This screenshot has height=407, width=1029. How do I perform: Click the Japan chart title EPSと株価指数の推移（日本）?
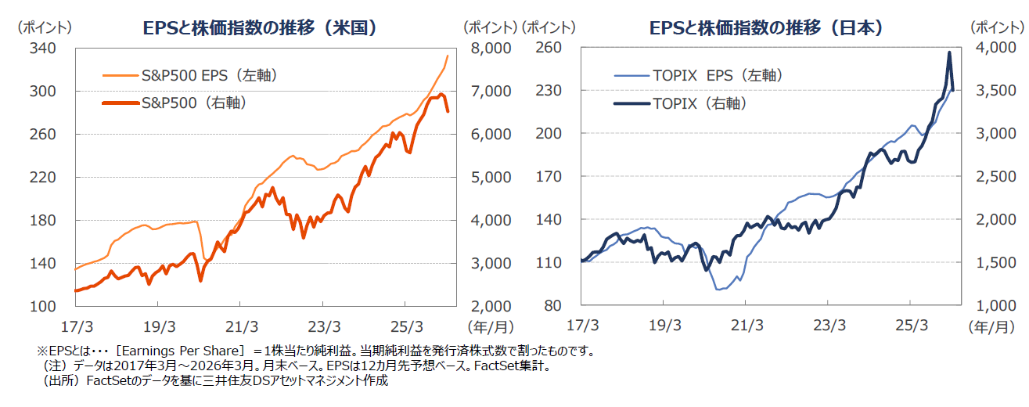point(767,28)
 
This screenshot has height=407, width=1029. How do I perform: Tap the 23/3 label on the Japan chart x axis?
point(829,325)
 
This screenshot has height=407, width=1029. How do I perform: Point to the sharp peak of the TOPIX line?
point(949,52)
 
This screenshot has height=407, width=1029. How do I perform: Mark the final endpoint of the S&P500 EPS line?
point(448,56)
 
